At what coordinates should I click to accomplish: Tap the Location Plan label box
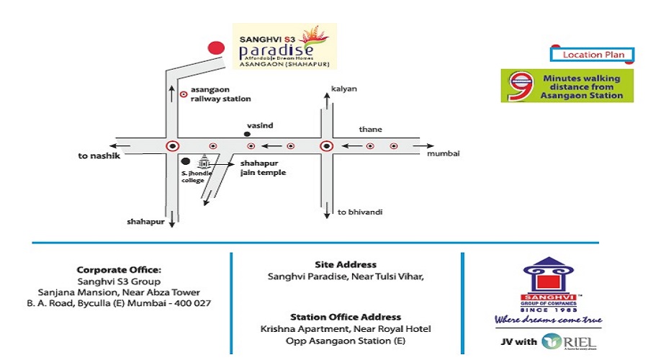tap(593, 55)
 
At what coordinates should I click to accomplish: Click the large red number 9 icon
tap(519, 86)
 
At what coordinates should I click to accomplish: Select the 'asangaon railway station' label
tap(220, 94)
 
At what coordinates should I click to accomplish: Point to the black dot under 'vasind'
tap(247, 134)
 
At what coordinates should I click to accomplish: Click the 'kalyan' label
tap(343, 89)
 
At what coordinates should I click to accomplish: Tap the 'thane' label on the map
tap(371, 130)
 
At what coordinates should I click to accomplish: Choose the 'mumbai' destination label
tap(443, 154)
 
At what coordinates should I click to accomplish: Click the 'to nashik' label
tap(97, 156)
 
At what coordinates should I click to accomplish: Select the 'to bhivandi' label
tap(359, 212)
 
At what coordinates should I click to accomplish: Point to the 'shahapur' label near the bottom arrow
tap(145, 222)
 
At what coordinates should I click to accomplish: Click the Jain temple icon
tap(203, 163)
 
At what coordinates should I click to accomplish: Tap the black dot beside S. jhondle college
tap(185, 162)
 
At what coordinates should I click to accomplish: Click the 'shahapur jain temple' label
tap(262, 168)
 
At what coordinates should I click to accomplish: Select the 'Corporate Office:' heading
tap(119, 270)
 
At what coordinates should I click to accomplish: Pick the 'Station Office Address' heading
tap(346, 317)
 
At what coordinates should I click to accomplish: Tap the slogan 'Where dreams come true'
tap(548, 319)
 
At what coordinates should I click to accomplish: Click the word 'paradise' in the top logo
tap(276, 51)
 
